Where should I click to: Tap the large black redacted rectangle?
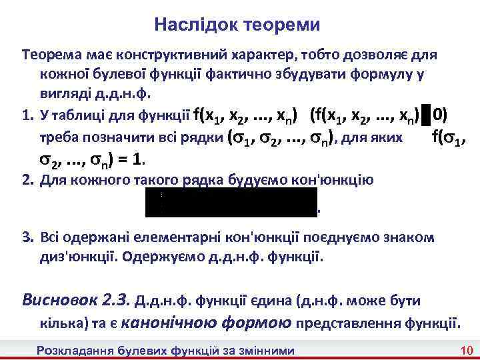point(231,202)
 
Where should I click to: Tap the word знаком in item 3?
point(414,237)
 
